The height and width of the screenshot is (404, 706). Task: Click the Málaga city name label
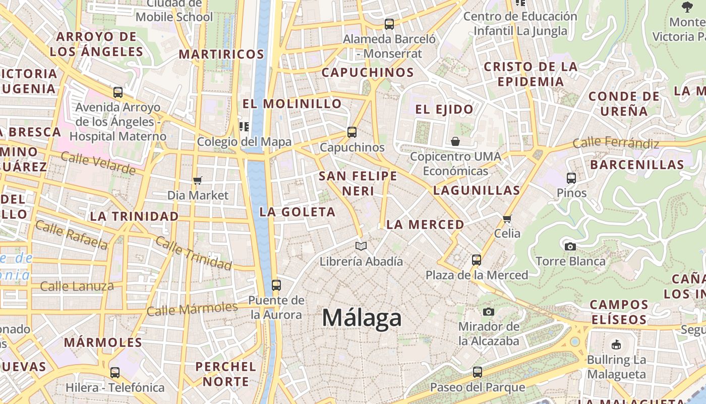pos(362,318)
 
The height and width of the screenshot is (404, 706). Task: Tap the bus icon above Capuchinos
pos(352,132)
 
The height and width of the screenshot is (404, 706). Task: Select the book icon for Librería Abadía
pos(361,246)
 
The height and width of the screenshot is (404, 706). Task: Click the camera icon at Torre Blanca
pos(570,246)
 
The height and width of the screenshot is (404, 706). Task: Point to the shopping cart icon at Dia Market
pos(198,180)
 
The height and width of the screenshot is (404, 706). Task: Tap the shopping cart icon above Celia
pos(507,219)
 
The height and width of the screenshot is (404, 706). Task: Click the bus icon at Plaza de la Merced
pos(477,260)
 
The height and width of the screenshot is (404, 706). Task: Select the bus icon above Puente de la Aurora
pos(276,285)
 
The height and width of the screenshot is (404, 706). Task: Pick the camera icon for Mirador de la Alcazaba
pos(488,312)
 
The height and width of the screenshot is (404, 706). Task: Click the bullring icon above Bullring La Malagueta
pos(616,345)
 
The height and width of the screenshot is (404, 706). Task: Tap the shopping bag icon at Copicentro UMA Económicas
pos(455,141)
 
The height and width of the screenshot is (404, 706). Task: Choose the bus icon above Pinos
pos(571,178)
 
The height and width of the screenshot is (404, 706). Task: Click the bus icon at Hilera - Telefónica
pos(115,373)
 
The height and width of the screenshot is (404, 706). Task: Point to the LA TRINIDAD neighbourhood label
pos(134,216)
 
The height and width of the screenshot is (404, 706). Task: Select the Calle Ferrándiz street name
pos(616,143)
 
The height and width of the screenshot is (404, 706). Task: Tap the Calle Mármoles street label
pos(192,309)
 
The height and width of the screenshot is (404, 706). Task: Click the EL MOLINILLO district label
pos(292,104)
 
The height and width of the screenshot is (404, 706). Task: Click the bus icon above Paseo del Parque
pos(478,373)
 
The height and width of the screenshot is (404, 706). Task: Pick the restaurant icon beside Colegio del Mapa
pos(245,126)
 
